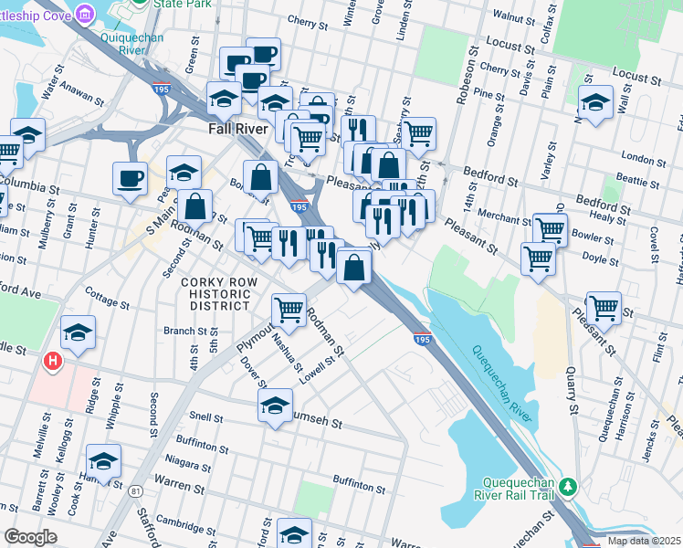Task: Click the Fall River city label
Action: point(237,130)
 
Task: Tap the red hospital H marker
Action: point(53,361)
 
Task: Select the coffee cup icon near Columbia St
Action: point(130,177)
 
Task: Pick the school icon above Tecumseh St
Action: point(275,406)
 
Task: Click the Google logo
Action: point(31,537)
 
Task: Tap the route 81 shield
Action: point(136,491)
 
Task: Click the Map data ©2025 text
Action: point(643,541)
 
